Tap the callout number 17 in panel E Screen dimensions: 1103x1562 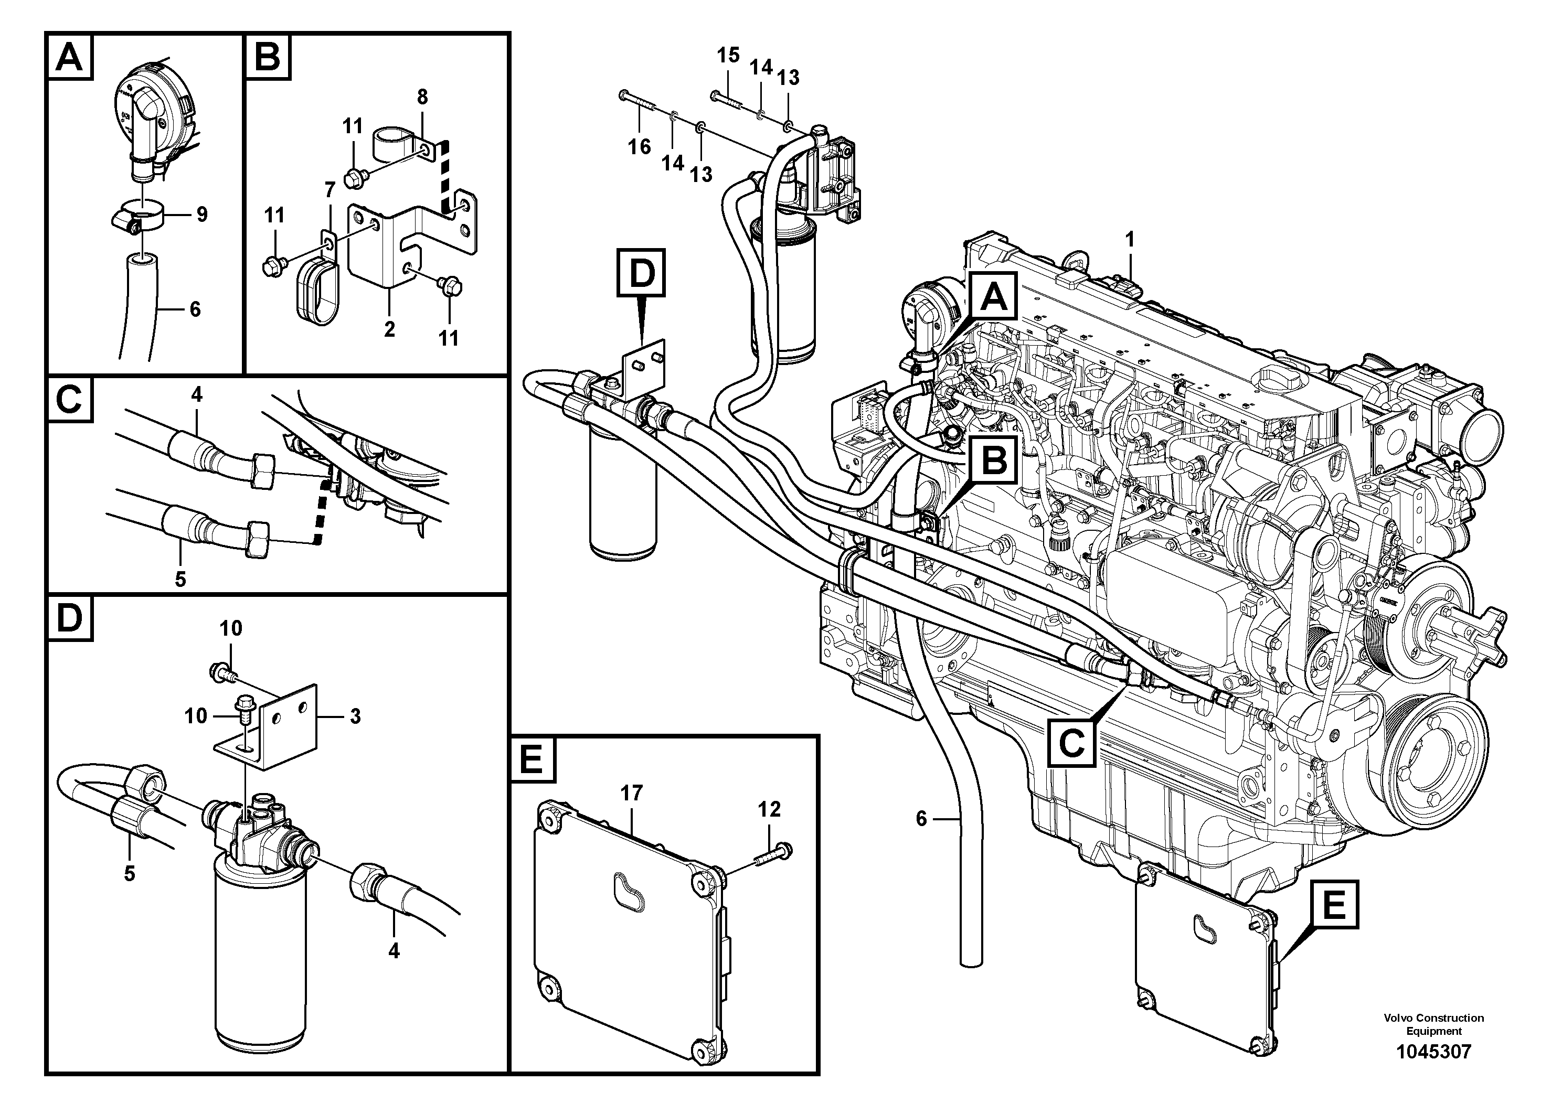(x=631, y=793)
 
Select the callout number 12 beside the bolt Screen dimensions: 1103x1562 (x=769, y=809)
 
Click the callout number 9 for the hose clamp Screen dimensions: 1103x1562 (x=201, y=215)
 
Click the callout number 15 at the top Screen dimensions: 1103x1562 (x=728, y=56)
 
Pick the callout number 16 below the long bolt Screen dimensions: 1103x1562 (x=639, y=146)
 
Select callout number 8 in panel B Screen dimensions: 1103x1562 (x=422, y=97)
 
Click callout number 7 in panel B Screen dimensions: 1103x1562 (x=330, y=188)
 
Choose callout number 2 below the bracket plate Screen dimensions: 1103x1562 (x=389, y=329)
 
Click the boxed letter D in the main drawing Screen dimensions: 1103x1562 (x=641, y=273)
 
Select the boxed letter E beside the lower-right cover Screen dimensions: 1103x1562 (x=1333, y=905)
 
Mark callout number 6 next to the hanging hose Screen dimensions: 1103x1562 (x=921, y=819)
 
